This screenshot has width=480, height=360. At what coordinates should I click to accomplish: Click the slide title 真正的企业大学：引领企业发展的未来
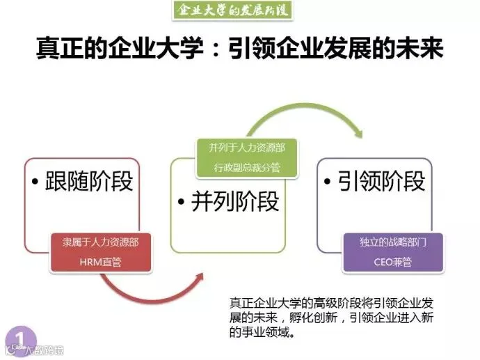pos(239,50)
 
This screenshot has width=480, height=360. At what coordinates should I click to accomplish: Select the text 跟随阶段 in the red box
pos(89,182)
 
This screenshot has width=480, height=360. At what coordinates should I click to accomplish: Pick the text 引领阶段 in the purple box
pos(381,182)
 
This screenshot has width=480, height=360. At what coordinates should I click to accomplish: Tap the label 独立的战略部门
pos(392,243)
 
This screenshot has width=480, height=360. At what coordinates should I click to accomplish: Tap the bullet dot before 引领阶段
pos(330,183)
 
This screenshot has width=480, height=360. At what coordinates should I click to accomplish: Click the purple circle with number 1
pos(20,338)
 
